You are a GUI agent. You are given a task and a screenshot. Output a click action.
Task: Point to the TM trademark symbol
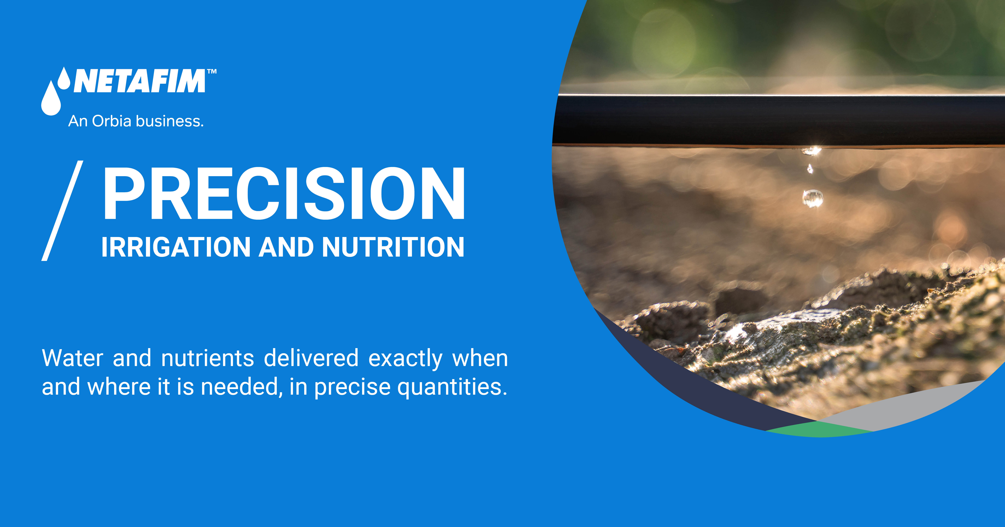[211, 72]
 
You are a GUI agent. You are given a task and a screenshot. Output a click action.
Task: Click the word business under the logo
[170, 121]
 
